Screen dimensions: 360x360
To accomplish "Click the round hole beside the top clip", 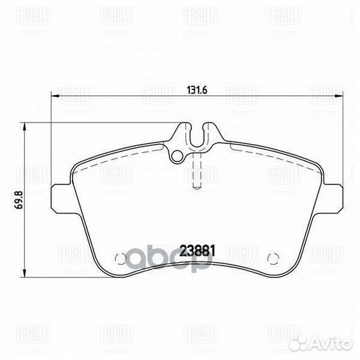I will [x=177, y=157].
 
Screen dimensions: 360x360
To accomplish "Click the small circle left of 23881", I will [x=121, y=259].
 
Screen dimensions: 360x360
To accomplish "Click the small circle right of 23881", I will [x=270, y=259].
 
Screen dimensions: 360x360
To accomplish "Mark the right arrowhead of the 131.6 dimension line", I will [x=343, y=97].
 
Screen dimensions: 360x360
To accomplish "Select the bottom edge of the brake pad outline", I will [x=196, y=274].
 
